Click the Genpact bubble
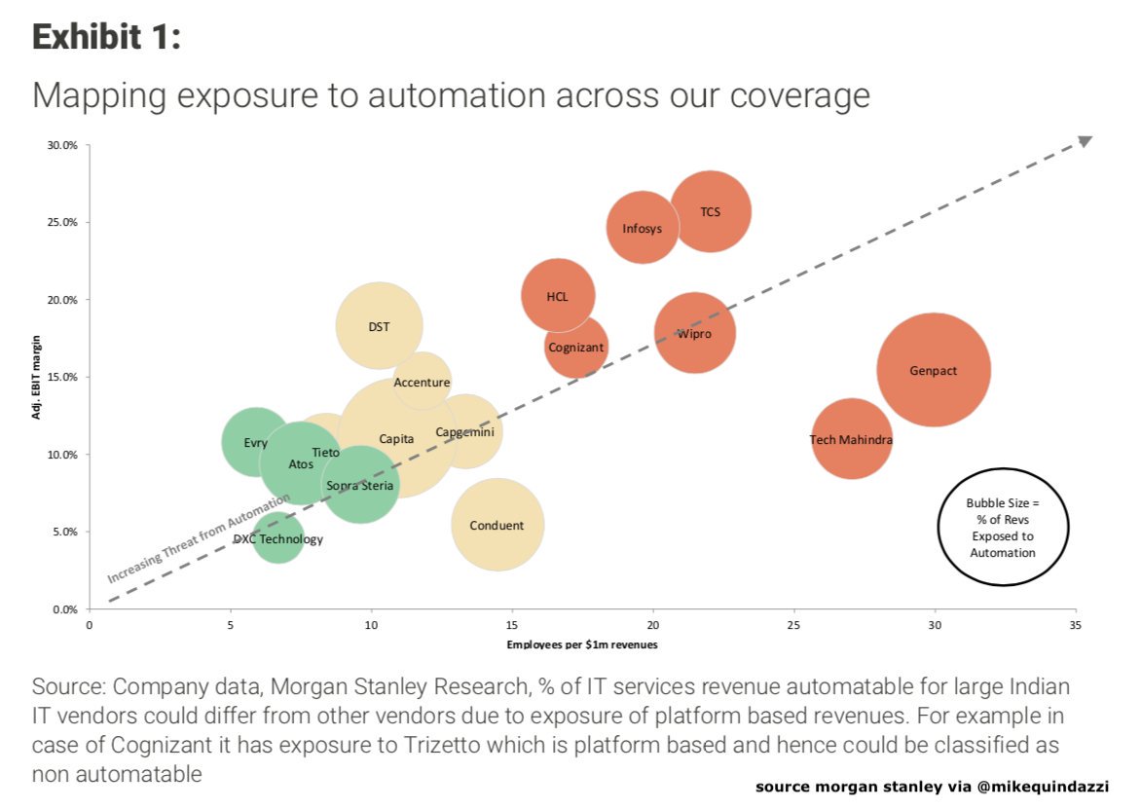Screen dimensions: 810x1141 click(933, 370)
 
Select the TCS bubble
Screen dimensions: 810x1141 click(711, 211)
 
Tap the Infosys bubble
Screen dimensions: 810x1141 click(643, 228)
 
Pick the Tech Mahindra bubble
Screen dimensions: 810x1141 click(851, 440)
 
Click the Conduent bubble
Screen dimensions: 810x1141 click(497, 525)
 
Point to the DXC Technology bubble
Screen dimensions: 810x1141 click(278, 538)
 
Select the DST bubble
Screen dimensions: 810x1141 click(379, 326)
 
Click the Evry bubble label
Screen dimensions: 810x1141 click(255, 443)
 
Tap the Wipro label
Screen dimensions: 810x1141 click(694, 334)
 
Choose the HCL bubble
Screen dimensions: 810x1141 click(558, 296)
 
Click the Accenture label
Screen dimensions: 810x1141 click(422, 383)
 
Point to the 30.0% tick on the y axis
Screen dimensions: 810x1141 click(62, 145)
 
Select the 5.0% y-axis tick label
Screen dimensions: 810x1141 click(64, 532)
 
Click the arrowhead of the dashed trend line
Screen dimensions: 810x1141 click(1085, 142)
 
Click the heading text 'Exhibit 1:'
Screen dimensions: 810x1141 click(107, 37)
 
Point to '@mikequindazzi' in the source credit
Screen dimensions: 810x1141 click(1056, 786)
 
